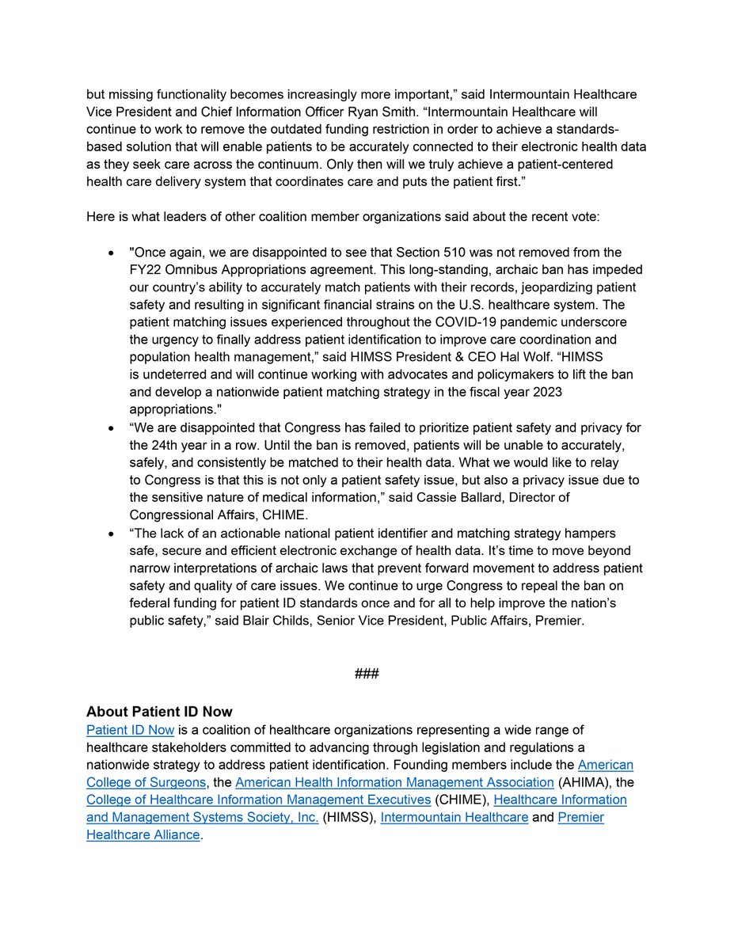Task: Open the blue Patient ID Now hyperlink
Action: click(130, 730)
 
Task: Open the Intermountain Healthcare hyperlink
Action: click(454, 817)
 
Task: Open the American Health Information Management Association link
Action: click(394, 782)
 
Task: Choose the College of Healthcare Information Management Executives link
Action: click(258, 800)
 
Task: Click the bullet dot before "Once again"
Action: click(111, 253)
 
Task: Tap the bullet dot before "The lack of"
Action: click(111, 534)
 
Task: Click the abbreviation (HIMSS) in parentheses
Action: click(348, 817)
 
